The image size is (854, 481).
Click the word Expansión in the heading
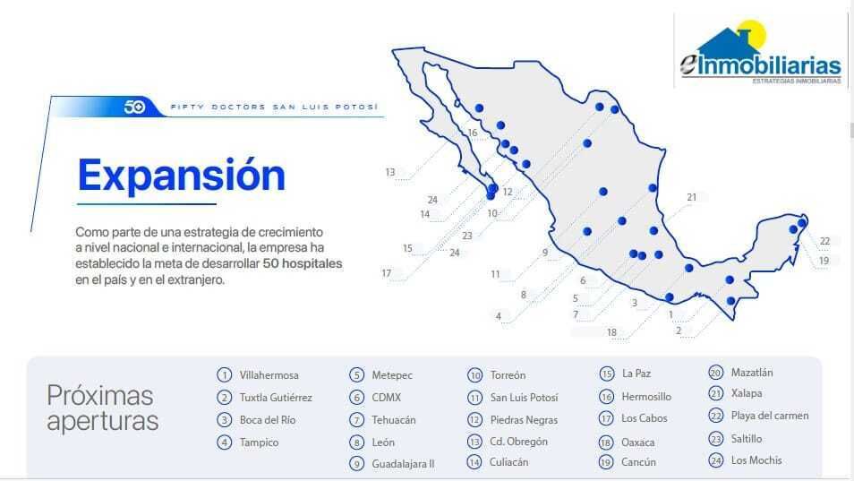point(182,176)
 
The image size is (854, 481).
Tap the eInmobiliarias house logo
point(760,53)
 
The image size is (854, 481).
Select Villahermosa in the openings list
point(269,375)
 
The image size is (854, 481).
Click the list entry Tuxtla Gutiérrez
point(276,398)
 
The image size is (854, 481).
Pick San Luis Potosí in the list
point(524,398)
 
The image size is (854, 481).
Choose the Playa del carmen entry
point(770,416)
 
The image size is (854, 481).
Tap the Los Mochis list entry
point(756,460)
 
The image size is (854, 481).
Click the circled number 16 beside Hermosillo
point(606,397)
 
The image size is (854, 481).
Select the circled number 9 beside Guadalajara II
point(357,464)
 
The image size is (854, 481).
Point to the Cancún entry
point(638,462)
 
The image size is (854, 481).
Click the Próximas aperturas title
point(102,408)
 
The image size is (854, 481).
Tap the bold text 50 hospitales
point(303,263)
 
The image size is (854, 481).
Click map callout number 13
point(390,172)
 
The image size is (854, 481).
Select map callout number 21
point(691,197)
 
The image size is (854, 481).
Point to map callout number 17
point(386,273)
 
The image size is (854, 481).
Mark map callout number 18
point(611,332)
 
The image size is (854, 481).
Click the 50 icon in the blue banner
point(134,107)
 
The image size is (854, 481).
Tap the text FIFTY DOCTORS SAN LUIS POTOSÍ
point(274,107)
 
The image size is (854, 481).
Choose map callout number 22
point(824,241)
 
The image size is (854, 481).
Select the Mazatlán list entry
point(752,373)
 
